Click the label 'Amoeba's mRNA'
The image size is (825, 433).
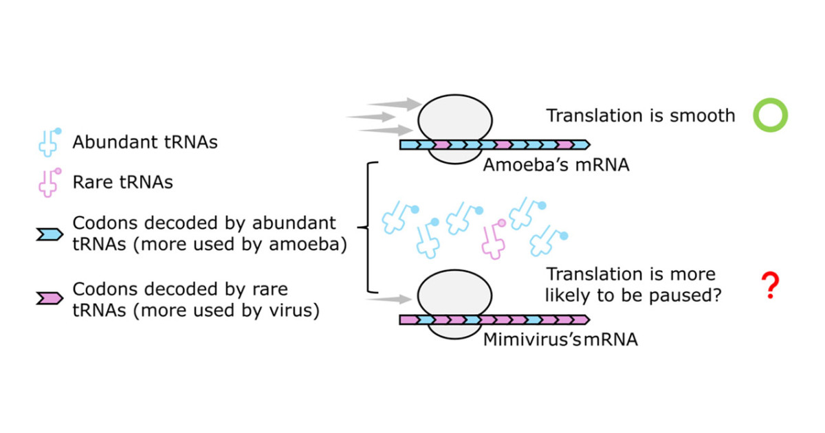click(555, 165)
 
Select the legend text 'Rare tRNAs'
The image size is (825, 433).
click(122, 183)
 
